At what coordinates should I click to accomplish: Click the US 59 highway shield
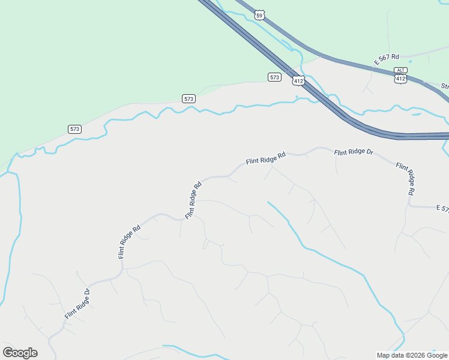(259, 15)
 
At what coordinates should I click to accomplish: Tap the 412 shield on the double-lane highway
(298, 80)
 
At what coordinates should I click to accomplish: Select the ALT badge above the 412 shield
(401, 70)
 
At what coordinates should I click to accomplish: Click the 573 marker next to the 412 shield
(274, 77)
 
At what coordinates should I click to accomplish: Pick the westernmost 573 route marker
(74, 129)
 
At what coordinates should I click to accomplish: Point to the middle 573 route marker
(188, 98)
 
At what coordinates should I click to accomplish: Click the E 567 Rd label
(387, 59)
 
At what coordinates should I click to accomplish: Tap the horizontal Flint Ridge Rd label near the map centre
(265, 158)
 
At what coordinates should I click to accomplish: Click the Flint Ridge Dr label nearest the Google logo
(77, 304)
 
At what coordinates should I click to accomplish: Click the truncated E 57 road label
(442, 208)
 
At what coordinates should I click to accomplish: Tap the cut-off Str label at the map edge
(445, 86)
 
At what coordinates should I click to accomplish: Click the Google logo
(20, 353)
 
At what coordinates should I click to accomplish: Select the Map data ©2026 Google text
(411, 355)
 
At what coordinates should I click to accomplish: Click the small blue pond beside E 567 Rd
(410, 62)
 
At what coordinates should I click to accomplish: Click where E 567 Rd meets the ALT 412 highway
(372, 68)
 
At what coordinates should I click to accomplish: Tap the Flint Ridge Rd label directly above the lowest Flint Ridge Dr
(129, 241)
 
